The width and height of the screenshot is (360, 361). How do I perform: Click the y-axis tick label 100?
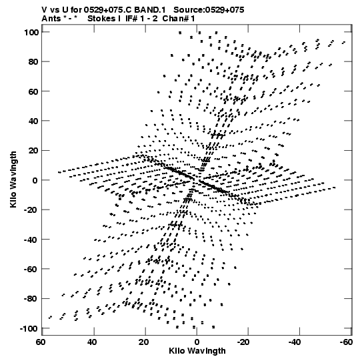point(31,33)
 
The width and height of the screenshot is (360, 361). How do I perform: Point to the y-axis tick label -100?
point(29,328)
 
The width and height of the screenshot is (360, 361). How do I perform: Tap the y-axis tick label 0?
point(35,180)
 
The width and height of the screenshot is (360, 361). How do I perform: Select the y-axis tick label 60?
point(33,91)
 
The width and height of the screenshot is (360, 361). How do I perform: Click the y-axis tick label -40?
point(31,240)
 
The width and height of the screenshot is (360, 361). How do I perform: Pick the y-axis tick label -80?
point(31,299)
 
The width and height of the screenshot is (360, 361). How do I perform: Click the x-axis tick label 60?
point(41,342)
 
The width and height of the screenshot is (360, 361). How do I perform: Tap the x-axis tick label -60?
point(346,342)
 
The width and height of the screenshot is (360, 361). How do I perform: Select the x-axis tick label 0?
point(197,342)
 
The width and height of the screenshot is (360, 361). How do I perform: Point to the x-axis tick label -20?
point(243,342)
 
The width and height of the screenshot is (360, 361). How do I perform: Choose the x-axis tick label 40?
point(92,342)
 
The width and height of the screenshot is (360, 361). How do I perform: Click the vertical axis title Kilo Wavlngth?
point(13,179)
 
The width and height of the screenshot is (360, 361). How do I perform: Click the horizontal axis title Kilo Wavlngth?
point(197,351)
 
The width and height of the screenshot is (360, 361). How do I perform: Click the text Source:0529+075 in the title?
point(209,10)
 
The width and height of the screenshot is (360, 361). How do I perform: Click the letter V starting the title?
point(44,10)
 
